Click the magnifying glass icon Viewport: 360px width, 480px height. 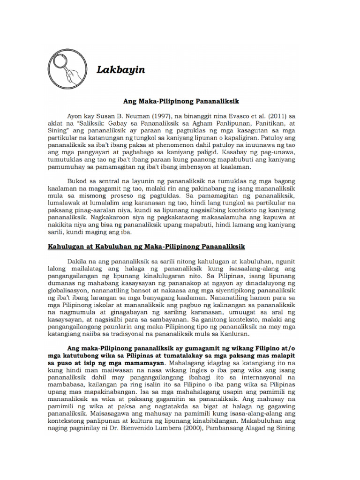click(69, 70)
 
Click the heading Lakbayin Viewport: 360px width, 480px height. click(120, 70)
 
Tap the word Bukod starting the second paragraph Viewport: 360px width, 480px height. click(79, 180)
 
